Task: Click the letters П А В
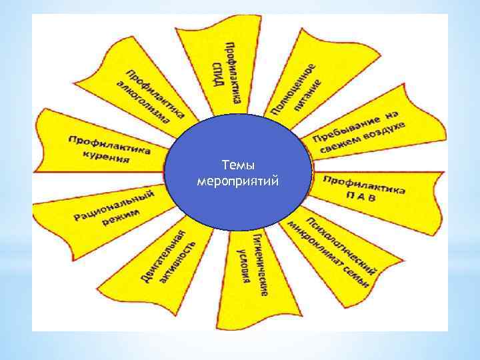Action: [363, 195]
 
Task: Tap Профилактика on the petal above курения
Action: [109, 144]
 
